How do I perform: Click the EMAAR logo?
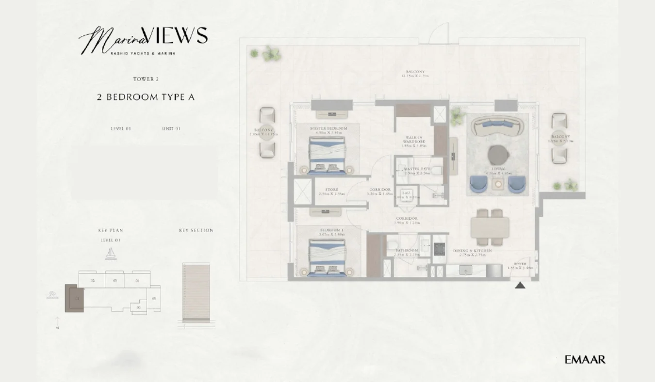point(585,360)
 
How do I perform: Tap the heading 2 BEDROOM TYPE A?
point(146,97)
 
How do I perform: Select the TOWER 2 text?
point(146,79)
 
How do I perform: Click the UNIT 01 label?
point(171,129)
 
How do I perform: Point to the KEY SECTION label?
point(196,230)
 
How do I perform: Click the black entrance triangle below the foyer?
point(520,286)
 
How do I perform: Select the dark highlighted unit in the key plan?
point(74,299)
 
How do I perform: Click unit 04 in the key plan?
point(137,281)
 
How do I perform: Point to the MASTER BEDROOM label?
point(328,129)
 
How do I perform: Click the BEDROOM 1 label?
point(331,230)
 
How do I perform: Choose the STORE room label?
point(332,190)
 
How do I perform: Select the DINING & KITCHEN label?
point(472,251)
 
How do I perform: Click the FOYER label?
point(520,265)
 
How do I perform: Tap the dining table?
point(490,227)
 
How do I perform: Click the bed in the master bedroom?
point(327,155)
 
